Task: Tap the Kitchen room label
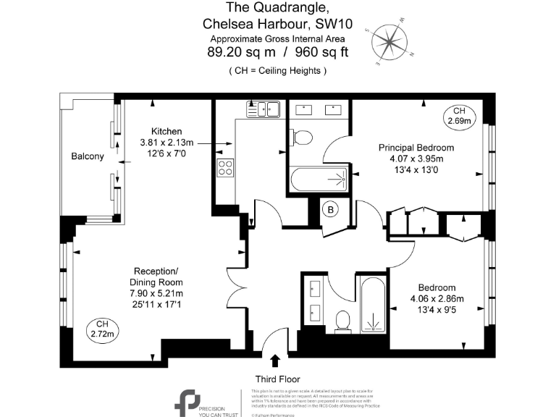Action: tap(166, 130)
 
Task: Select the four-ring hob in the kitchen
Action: tap(225, 167)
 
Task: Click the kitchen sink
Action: tap(264, 109)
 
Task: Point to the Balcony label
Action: tap(87, 156)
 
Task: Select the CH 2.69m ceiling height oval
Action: tap(459, 116)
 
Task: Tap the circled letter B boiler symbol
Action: tap(331, 210)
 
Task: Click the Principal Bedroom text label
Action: tap(411, 148)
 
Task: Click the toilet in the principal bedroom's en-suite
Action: tap(302, 136)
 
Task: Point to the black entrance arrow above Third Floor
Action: tap(275, 360)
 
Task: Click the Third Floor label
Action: tap(277, 379)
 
